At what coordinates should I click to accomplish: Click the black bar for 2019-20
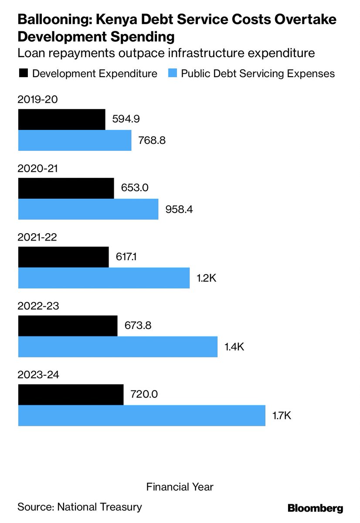point(61,119)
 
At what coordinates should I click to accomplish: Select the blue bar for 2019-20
point(75,140)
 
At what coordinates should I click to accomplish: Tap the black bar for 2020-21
point(66,188)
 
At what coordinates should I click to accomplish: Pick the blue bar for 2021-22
point(104,278)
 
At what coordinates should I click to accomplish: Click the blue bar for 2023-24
point(142,415)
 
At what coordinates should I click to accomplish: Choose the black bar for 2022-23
point(68,326)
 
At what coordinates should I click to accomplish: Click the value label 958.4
point(179,209)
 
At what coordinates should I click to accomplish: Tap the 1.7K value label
point(282,415)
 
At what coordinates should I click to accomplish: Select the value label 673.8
point(138,326)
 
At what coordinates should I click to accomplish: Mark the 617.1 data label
point(129,257)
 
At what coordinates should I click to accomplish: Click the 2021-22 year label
point(37,237)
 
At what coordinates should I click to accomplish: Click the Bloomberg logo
point(315,508)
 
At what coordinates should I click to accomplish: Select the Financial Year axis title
point(180,486)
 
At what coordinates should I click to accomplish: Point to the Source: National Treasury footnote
point(80,507)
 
